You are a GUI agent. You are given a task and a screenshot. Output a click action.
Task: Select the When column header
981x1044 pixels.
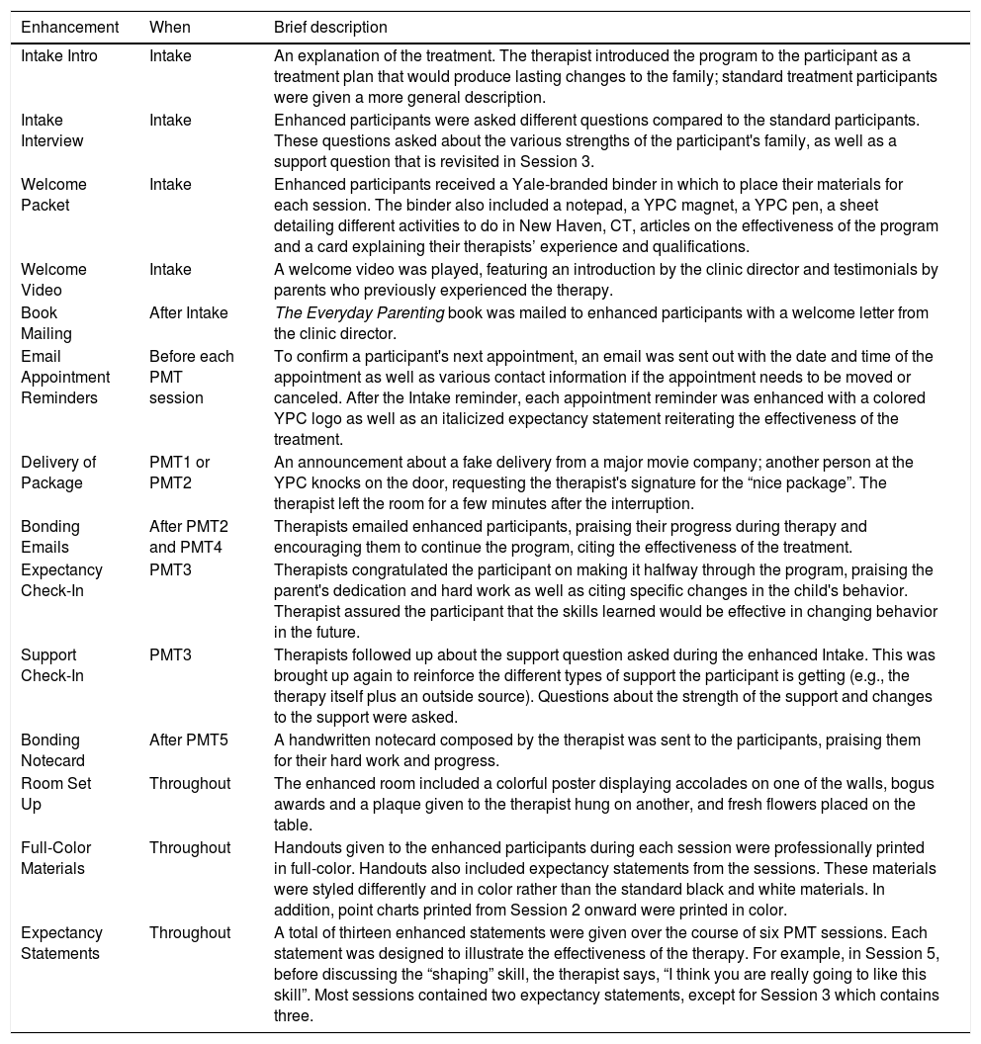[170, 28]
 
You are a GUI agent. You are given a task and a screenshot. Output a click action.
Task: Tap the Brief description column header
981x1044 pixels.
[330, 28]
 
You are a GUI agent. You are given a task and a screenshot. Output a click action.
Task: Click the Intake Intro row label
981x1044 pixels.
[59, 56]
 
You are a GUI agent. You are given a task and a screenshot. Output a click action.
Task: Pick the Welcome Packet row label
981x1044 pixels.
[53, 195]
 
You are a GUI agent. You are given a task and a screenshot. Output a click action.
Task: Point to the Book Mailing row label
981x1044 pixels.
[47, 323]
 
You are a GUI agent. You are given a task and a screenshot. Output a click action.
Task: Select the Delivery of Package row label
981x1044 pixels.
[58, 473]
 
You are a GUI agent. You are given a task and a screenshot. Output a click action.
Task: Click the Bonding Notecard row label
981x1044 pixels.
[52, 750]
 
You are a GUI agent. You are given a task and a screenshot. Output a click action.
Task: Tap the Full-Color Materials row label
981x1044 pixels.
[53, 858]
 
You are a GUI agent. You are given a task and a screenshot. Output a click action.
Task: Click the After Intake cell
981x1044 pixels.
[189, 313]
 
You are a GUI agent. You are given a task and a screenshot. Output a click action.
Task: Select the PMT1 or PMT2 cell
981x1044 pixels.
[180, 473]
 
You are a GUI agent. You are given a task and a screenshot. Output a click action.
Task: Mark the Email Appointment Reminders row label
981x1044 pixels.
[65, 377]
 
